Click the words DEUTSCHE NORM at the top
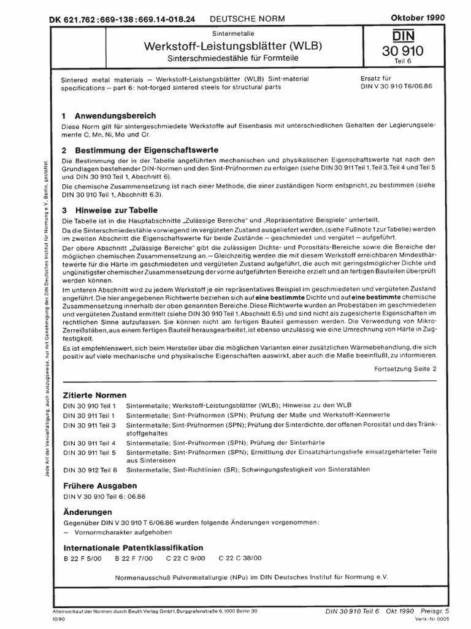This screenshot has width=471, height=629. [251, 19]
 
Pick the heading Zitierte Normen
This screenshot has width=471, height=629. [94, 394]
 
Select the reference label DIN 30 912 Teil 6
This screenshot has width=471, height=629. [89, 469]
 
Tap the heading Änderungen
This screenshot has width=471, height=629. [88, 512]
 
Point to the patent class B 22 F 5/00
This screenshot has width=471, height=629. [82, 558]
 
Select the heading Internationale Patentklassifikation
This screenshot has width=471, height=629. [132, 547]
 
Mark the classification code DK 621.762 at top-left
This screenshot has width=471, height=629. [74, 19]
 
